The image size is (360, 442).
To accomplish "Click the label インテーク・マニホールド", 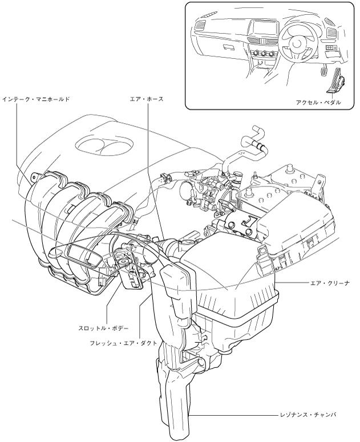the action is pyautogui.click(x=35, y=99).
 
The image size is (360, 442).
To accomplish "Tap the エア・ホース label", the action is pyautogui.click(x=147, y=99).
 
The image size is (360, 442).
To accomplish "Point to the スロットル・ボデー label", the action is pyautogui.click(x=104, y=329).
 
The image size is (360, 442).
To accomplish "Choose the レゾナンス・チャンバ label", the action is pyautogui.click(x=309, y=415).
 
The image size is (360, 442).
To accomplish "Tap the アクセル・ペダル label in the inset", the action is pyautogui.click(x=318, y=102).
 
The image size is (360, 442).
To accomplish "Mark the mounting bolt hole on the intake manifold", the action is pyautogui.click(x=34, y=176).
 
